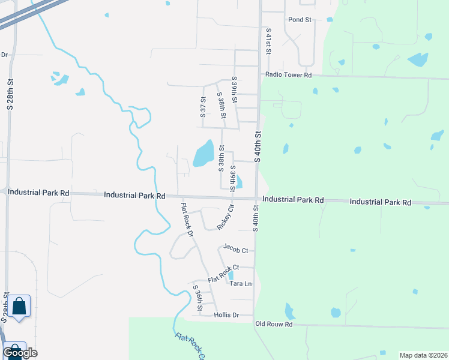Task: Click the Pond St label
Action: coord(300,20)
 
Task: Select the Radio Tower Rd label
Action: coord(288,75)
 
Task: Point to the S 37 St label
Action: coord(203,107)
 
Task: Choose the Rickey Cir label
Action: coord(226,217)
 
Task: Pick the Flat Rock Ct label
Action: coord(224,274)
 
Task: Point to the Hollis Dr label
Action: coord(226,315)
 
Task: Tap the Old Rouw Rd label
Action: coord(273,324)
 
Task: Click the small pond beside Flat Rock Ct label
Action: coord(231,275)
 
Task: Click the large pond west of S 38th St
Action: coord(203,154)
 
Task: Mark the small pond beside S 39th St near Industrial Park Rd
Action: coord(239,181)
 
